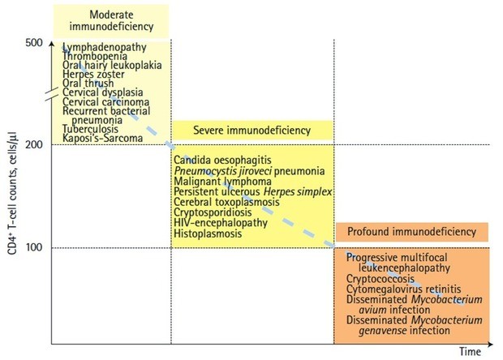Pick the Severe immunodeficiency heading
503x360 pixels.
pos(251,130)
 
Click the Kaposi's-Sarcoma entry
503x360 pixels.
pos(103,139)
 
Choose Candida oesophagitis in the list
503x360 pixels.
pos(221,161)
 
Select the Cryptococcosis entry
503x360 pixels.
pos(378,277)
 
